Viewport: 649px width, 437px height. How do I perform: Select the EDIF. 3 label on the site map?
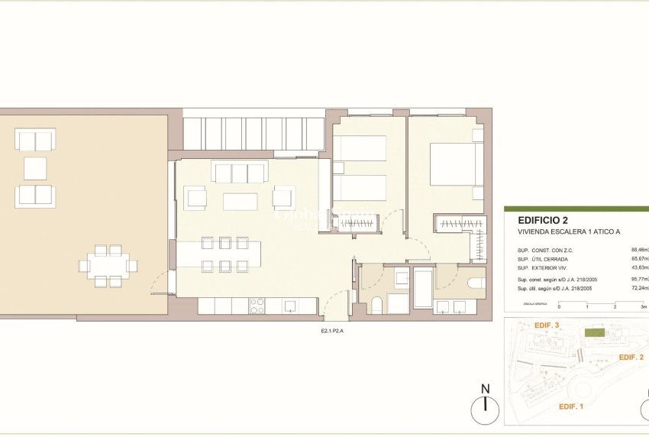tap(547, 325)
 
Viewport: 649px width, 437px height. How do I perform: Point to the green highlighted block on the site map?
tap(593, 333)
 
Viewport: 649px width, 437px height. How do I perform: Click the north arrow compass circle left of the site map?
tap(484, 413)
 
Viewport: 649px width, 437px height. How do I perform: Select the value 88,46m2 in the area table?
tap(639, 249)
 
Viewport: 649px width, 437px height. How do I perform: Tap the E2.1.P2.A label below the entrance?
tap(332, 331)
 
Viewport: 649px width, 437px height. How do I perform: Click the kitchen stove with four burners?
tap(257, 306)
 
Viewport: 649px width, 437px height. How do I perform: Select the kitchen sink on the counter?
tap(290, 306)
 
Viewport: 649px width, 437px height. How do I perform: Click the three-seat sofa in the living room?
tap(239, 173)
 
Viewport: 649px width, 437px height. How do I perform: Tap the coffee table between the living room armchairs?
tap(240, 201)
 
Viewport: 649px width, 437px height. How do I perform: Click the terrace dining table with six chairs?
tap(107, 266)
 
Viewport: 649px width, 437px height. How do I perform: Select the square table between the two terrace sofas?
tap(35, 168)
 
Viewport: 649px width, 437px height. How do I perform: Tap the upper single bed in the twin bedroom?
tap(360, 148)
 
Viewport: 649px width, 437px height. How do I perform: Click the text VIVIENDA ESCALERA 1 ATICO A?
tap(563, 233)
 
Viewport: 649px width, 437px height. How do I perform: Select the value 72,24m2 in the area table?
tap(639, 288)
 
